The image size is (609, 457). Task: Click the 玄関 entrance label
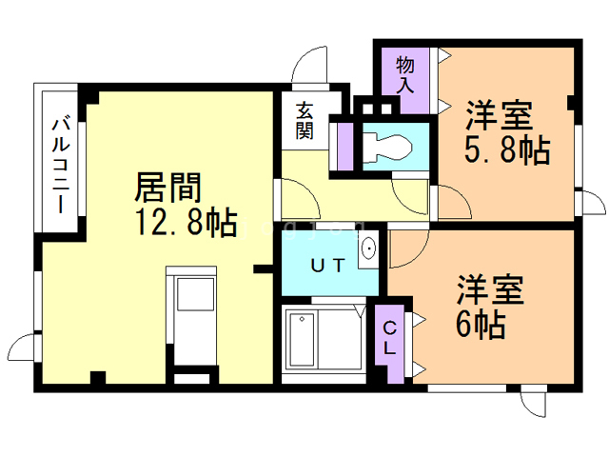pyautogui.click(x=304, y=122)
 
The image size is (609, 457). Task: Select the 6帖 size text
pyautogui.click(x=479, y=325)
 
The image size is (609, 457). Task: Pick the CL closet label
pyautogui.click(x=390, y=338)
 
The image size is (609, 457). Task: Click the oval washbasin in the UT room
pyautogui.click(x=367, y=250)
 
